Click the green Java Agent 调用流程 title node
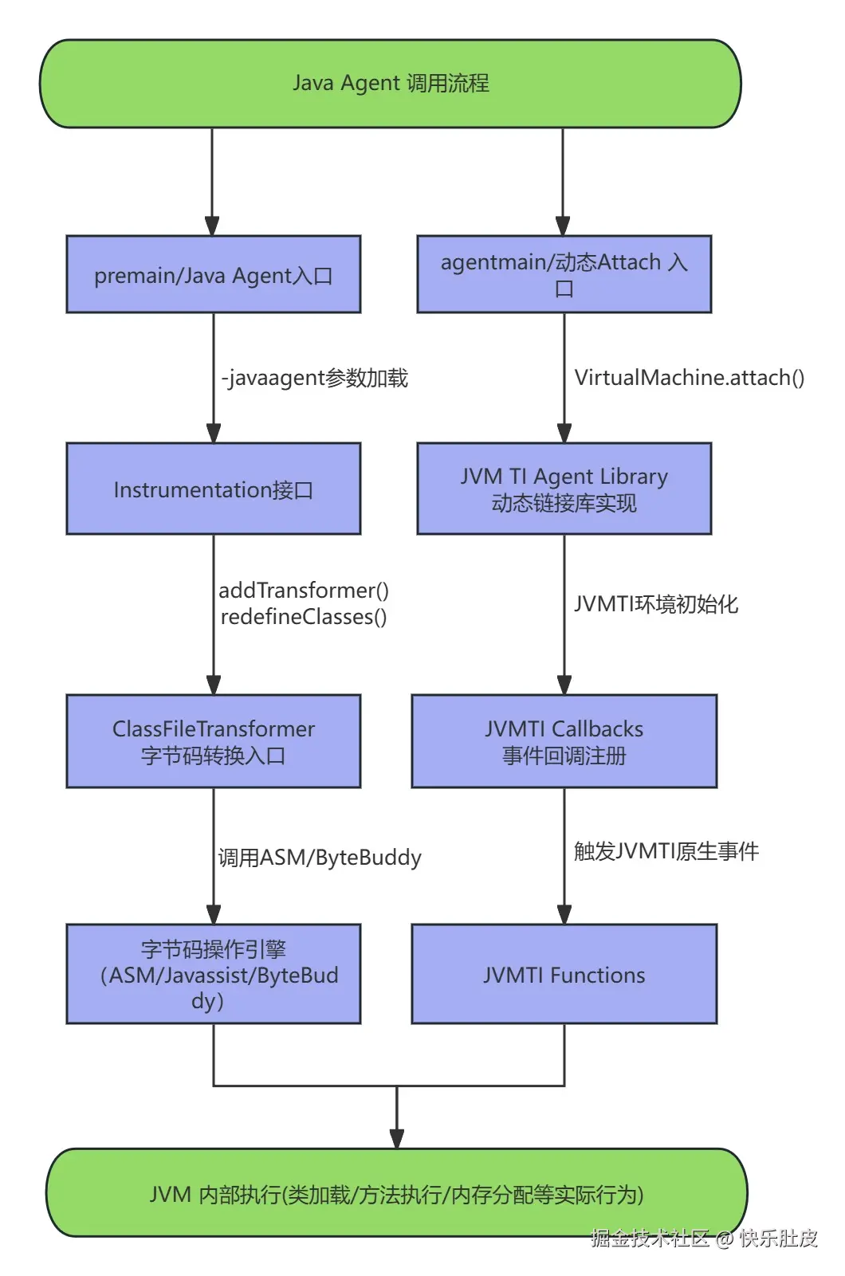(391, 84)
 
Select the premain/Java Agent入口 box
(214, 275)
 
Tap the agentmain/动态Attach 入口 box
(564, 274)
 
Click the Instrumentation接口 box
(214, 489)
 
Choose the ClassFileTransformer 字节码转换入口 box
(214, 741)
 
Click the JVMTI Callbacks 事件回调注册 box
(564, 741)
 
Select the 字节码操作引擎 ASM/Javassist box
(214, 974)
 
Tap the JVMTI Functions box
(564, 974)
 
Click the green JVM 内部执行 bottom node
(396, 1193)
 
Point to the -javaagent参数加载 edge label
(315, 378)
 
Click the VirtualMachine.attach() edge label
(690, 378)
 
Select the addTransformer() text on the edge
(304, 591)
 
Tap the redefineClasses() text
(304, 617)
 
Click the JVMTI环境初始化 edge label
(656, 604)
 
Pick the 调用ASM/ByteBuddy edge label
(320, 858)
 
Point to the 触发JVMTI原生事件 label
(666, 851)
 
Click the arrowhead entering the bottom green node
(397, 1139)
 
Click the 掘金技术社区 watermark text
(650, 1238)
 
